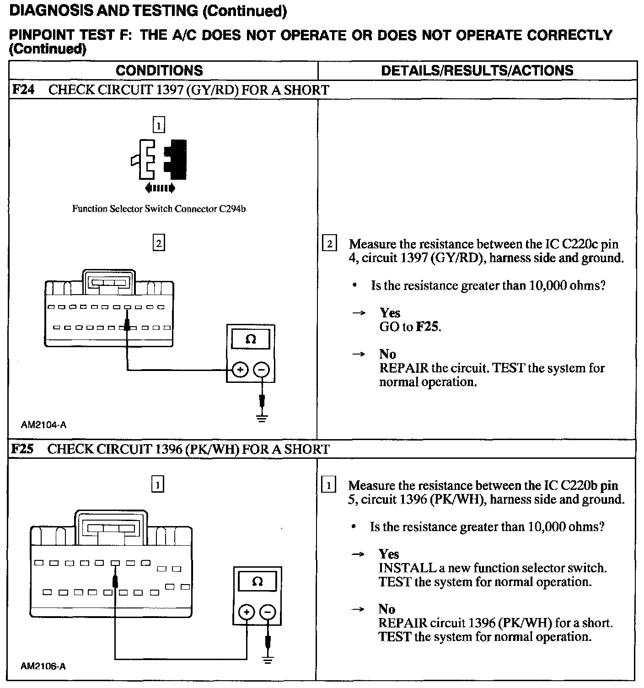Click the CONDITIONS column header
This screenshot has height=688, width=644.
(159, 70)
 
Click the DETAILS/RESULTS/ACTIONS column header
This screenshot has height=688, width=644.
(477, 70)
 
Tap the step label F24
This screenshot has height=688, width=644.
(23, 90)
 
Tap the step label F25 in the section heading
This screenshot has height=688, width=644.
(22, 449)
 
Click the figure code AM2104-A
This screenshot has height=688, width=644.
(43, 425)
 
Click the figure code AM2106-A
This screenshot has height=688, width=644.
(43, 666)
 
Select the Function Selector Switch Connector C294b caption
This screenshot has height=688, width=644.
(159, 209)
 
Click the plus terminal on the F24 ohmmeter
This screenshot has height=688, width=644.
(240, 370)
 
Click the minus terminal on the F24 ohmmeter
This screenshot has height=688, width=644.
(261, 370)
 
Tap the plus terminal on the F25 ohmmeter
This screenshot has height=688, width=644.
(247, 612)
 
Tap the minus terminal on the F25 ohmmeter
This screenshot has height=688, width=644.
(268, 612)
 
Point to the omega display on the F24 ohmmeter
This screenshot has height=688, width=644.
(251, 339)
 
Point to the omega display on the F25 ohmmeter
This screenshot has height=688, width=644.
(258, 582)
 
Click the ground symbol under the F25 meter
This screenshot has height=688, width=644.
(268, 660)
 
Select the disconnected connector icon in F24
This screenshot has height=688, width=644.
(159, 160)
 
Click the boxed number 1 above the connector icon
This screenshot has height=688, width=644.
(158, 125)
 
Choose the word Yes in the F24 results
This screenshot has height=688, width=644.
(390, 313)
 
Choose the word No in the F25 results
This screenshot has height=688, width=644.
(386, 609)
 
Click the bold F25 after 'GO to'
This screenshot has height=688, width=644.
(428, 327)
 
